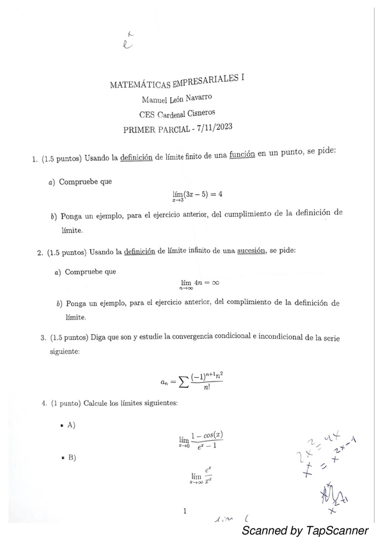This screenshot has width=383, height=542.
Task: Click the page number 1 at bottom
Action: click(184, 510)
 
